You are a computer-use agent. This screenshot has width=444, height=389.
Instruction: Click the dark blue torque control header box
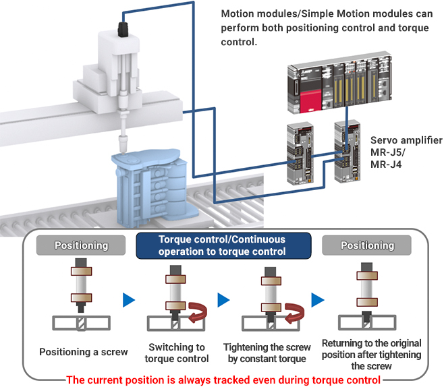[222, 245]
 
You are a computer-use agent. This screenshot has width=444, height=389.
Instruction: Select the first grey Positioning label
[81, 245]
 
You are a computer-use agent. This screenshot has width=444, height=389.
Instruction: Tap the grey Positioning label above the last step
[368, 245]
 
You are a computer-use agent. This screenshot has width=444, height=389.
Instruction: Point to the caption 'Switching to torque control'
[177, 353]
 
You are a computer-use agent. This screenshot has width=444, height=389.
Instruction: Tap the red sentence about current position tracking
[223, 380]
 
